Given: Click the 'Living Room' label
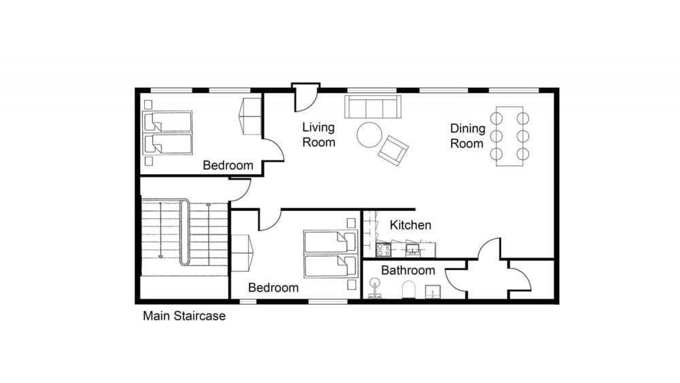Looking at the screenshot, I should pos(319,135).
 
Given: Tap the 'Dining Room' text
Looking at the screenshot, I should pos(467,135).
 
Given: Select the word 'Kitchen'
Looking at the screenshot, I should pos(410,224).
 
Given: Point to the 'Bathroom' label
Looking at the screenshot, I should pos(407,270).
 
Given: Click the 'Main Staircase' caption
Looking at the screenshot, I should pos(184,316).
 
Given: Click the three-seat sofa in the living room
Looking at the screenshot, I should pos(373,107).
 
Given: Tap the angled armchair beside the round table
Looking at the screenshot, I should pos(393,150).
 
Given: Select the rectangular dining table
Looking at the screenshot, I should pos(509,136).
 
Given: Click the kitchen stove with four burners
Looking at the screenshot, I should pos(384,250).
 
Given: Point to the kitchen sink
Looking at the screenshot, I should pos(412,250).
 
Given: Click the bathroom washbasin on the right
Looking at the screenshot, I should pos(432,292).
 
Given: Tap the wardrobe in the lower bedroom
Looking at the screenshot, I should pos(243,254).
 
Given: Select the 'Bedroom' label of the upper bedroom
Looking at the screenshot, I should pos(228,165).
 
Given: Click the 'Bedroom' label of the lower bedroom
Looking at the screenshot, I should pos(273,288).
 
